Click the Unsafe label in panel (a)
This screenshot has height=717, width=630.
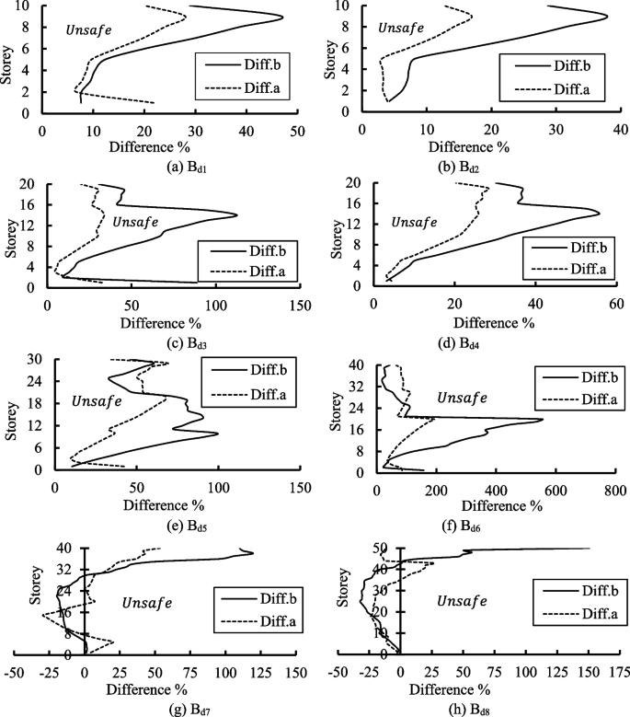pos(89,29)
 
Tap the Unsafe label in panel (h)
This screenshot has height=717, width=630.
pos(462,600)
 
